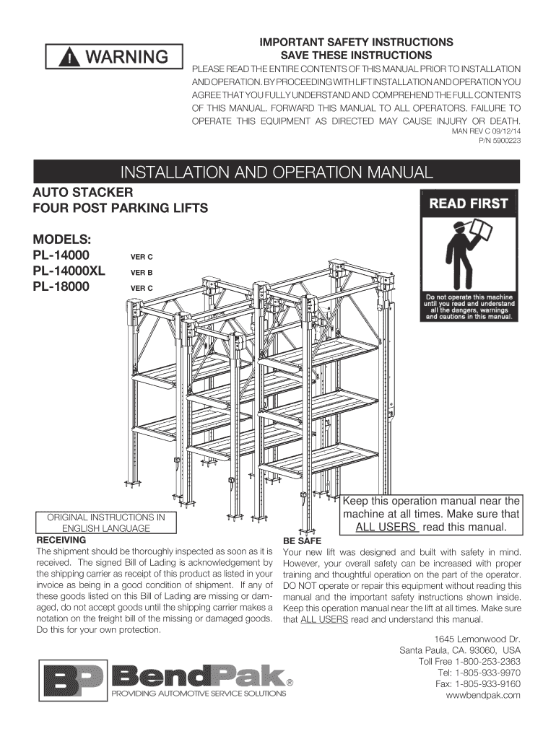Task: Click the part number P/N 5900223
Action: (500, 141)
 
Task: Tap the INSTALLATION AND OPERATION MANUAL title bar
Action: (277, 172)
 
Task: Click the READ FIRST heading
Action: (469, 204)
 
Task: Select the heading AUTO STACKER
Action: (83, 193)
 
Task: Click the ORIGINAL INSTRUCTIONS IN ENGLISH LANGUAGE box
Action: (106, 522)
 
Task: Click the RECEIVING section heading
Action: (61, 539)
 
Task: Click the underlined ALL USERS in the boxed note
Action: (388, 527)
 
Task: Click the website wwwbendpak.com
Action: (483, 694)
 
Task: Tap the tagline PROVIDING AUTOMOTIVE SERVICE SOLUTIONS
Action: (197, 694)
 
